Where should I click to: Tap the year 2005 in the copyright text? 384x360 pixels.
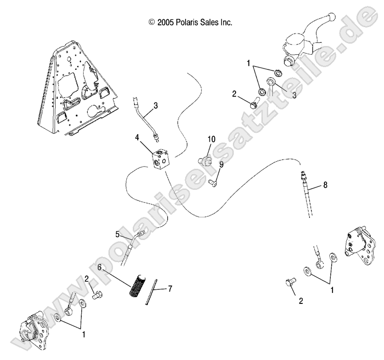coord(166,22)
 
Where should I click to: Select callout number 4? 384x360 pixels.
coord(137,137)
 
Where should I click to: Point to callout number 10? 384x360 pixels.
coord(211,138)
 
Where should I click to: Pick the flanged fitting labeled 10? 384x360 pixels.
coord(203,160)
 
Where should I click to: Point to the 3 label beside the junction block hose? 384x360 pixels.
coord(143,105)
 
